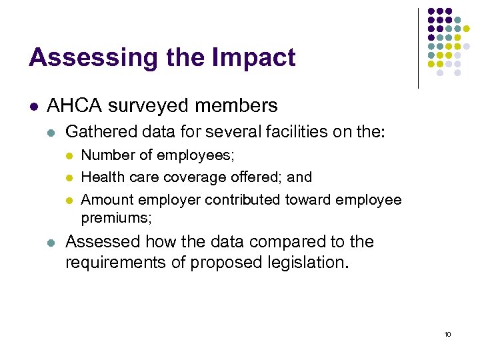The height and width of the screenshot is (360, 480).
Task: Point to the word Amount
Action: tap(105, 200)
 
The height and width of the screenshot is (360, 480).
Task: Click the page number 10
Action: tap(447, 334)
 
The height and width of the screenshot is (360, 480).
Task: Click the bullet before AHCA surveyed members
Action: tap(33, 106)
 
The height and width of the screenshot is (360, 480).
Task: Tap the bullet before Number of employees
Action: tap(67, 156)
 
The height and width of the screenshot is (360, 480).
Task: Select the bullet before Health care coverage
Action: tap(67, 177)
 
